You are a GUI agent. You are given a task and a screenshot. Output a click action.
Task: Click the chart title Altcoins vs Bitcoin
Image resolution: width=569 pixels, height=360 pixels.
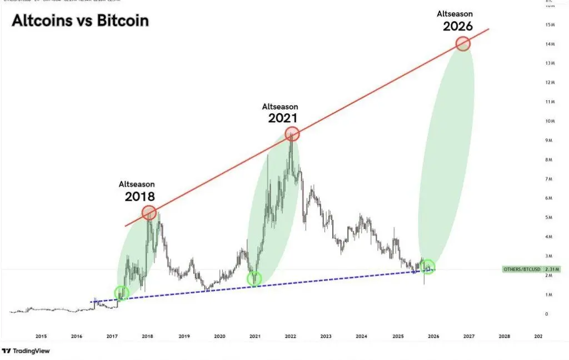[x=81, y=21]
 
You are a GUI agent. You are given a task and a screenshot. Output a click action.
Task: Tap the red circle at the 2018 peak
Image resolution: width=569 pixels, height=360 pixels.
[x=149, y=212]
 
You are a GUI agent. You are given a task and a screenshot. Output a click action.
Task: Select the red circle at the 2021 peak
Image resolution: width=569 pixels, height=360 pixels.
[x=292, y=133]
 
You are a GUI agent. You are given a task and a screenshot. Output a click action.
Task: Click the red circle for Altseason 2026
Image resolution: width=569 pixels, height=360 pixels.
[x=463, y=43]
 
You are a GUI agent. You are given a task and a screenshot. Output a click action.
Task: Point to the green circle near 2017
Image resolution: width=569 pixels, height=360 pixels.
[x=121, y=293]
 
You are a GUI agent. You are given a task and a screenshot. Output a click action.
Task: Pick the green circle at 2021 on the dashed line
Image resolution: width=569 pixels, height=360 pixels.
[x=254, y=278]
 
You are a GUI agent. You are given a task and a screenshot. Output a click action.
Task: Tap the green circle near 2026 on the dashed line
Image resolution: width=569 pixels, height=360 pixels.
[x=428, y=267]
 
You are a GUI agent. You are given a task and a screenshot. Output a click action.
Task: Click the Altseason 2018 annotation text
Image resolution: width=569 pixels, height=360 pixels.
[x=137, y=191]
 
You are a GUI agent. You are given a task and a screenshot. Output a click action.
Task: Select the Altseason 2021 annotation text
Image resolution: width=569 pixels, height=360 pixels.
[x=281, y=113]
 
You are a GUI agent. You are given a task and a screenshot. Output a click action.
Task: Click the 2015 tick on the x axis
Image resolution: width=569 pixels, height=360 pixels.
[x=41, y=336]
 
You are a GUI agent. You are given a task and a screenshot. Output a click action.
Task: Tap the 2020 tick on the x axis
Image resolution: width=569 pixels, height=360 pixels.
[x=219, y=336]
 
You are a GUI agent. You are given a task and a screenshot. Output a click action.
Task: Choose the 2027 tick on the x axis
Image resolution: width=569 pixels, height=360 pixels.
[x=469, y=336]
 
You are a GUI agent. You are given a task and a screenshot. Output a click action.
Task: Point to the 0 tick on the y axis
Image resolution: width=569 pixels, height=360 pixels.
[x=546, y=314]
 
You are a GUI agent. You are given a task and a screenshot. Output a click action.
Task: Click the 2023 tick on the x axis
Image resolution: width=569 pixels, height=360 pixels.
[x=326, y=336]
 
